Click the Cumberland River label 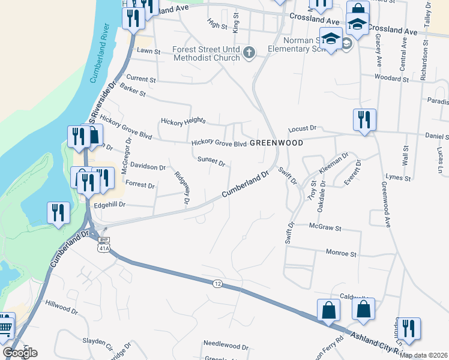(97, 54)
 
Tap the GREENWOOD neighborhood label (276, 143)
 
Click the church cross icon (249, 54)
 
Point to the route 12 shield (217, 283)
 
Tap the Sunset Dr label (211, 162)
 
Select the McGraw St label (325, 228)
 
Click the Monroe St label (341, 254)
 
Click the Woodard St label (391, 78)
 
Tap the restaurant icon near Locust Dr (364, 119)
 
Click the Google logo (20, 352)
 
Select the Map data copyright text (423, 355)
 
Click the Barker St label (133, 92)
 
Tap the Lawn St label (149, 52)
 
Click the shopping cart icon (5, 327)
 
